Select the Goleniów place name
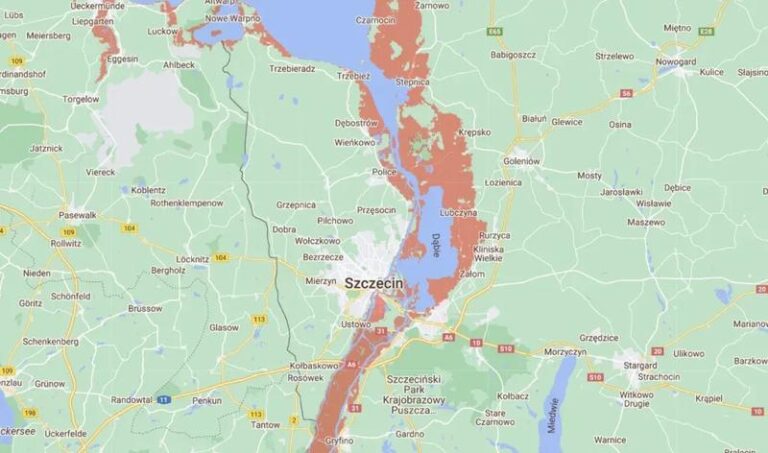(x=521, y=160)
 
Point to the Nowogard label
(x=676, y=61)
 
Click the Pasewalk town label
(x=77, y=214)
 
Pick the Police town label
(x=384, y=172)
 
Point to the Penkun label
(x=207, y=400)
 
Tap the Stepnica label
(x=412, y=81)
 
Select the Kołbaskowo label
(x=310, y=365)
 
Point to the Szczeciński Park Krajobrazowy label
(x=420, y=393)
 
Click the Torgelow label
(x=80, y=99)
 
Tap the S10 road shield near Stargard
(x=596, y=377)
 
